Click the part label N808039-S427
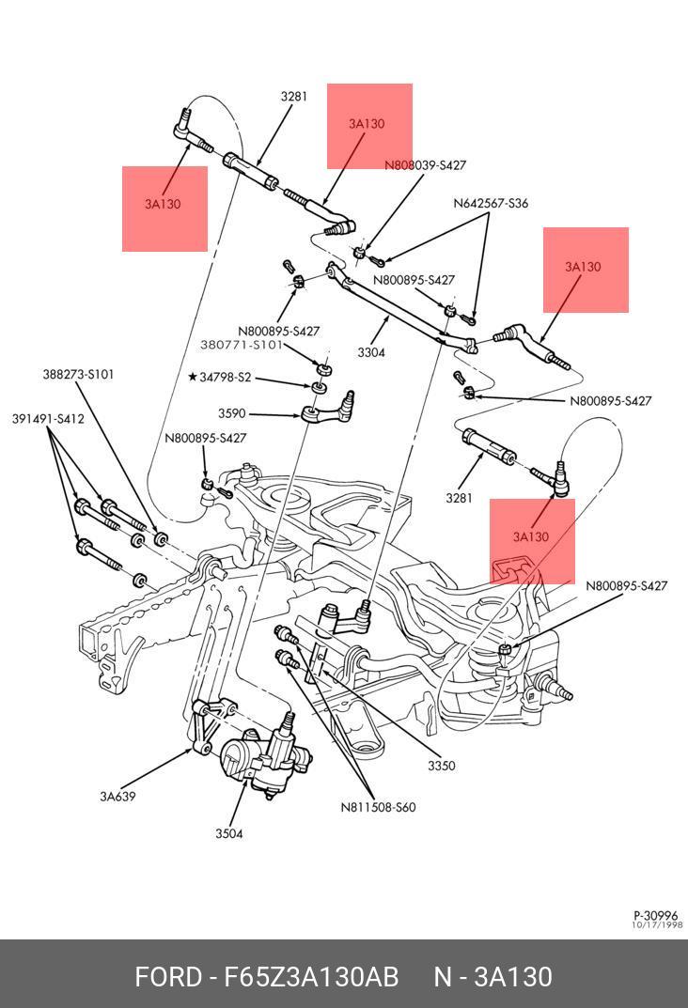[425, 165]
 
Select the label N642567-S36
[491, 203]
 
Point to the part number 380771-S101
[242, 345]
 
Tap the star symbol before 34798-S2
[192, 377]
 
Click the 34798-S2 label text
[226, 377]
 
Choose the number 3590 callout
[231, 413]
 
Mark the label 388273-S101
[78, 374]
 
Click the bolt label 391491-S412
[48, 419]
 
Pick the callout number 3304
[370, 353]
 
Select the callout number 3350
[441, 766]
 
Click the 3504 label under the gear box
[228, 833]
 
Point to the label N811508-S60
[378, 807]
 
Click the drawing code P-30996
[656, 915]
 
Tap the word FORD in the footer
[168, 977]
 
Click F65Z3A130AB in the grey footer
[311, 977]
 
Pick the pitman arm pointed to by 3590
[329, 410]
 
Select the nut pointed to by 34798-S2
[320, 385]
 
